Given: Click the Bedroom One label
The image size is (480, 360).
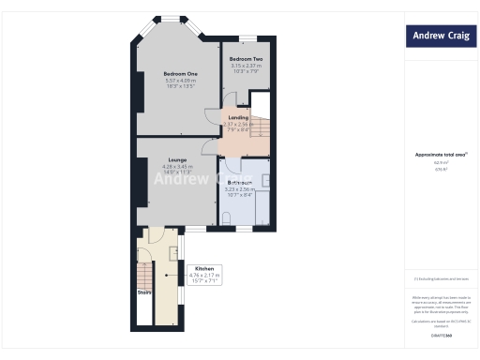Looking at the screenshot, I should coord(181,74).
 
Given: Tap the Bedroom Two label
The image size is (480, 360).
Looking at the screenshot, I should coord(247,59).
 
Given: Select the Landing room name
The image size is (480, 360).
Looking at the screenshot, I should coord(238,117).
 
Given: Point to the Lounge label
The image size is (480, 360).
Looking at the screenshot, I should coord(164,159).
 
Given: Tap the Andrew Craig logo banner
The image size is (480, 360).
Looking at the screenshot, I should coord(442,37).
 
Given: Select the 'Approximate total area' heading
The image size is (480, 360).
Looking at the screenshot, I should coord(441,155).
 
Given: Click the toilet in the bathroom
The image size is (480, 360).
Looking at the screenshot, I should coord(228,218).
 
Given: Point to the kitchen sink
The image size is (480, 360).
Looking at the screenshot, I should coord(174,251).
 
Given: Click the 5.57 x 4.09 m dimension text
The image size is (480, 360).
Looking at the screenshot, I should coord(181,81).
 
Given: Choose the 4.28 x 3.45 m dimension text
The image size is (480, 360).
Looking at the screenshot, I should coord(164,166).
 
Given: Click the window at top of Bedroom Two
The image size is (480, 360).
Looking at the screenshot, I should coord(247,38).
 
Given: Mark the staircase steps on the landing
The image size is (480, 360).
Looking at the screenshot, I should coord(262,127).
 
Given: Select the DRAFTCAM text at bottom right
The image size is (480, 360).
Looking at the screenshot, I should coord(441,335).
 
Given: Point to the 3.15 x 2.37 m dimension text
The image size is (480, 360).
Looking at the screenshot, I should coord(247,66).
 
